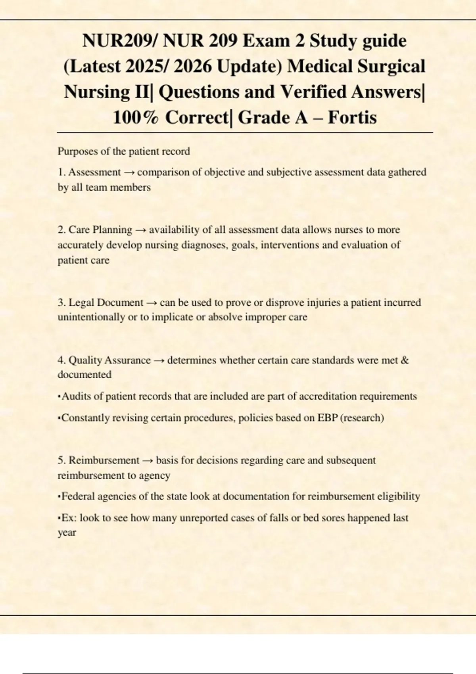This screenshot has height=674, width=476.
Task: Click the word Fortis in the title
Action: click(x=352, y=118)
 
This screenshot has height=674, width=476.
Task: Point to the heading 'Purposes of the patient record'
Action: click(x=124, y=151)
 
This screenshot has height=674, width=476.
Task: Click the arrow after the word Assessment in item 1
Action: click(x=129, y=172)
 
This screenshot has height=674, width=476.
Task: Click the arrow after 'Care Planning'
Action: click(x=140, y=230)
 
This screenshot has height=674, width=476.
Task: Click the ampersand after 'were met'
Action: click(x=405, y=360)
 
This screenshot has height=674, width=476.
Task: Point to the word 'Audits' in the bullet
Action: click(x=77, y=396)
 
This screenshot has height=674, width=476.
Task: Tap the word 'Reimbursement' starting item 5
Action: click(x=104, y=460)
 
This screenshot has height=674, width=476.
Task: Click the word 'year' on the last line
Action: click(x=67, y=533)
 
